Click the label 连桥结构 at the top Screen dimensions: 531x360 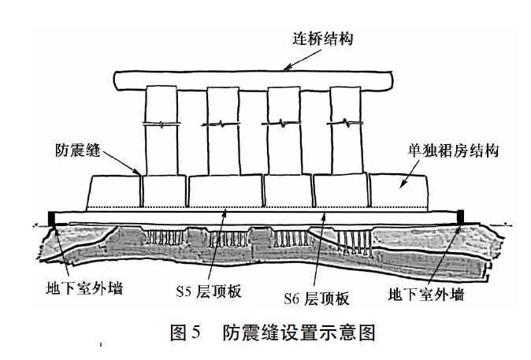(323, 39)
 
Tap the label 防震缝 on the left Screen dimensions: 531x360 (78, 150)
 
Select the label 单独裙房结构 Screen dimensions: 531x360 (453, 150)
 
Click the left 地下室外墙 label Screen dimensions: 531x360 (84, 288)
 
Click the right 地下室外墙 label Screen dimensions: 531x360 (426, 295)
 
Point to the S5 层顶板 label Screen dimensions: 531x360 (209, 291)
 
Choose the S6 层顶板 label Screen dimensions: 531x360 (316, 299)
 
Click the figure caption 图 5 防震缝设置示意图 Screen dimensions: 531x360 (273, 332)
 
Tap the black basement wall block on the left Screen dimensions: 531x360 (52, 218)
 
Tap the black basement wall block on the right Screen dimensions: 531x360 (461, 217)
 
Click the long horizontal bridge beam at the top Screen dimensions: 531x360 (254, 80)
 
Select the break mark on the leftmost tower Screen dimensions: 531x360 (162, 124)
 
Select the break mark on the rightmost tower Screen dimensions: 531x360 (345, 123)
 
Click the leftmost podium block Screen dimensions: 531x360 (114, 192)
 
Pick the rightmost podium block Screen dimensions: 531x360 (399, 192)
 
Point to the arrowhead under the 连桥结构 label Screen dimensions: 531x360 (287, 68)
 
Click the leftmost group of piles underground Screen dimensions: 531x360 (165, 237)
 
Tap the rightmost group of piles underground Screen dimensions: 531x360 (355, 243)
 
